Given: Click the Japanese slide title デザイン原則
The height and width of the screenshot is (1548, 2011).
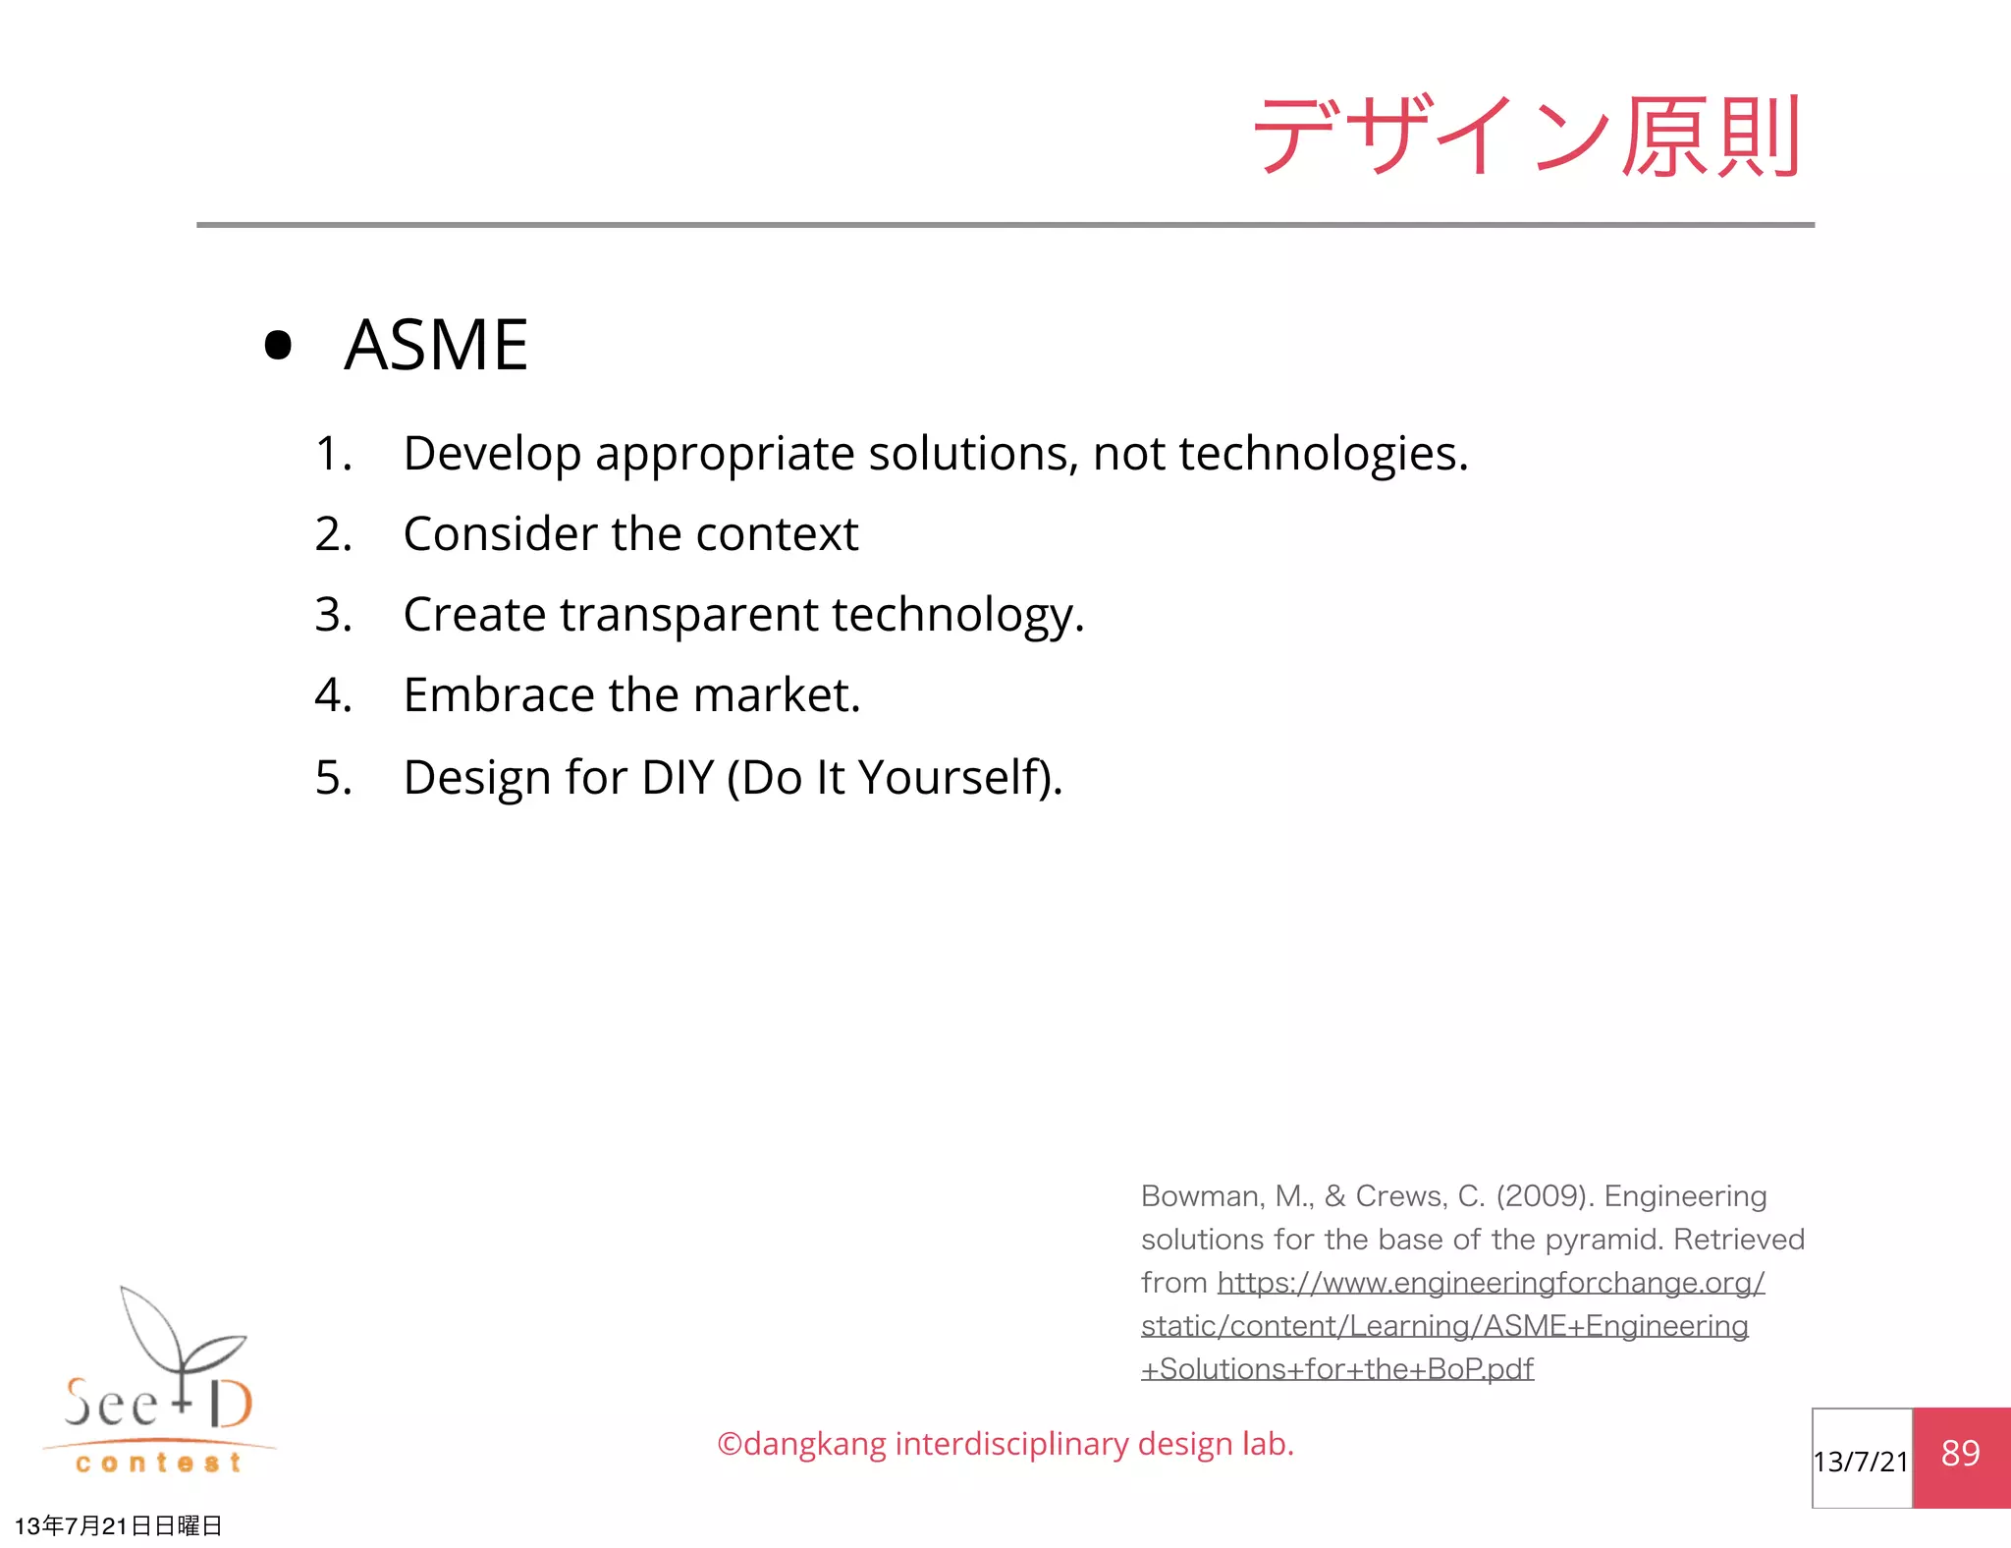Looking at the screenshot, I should click(1527, 137).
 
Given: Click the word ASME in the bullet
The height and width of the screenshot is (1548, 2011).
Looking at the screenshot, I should click(436, 346).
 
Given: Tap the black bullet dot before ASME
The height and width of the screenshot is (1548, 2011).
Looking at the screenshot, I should click(279, 346).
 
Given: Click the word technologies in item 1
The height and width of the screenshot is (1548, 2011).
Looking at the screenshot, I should click(1322, 455).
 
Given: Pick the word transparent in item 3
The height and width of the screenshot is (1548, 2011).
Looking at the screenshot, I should click(688, 616).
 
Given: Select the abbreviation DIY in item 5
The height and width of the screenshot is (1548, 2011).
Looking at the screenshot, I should click(678, 778).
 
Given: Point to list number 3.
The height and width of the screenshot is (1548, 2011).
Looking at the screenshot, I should click(332, 616).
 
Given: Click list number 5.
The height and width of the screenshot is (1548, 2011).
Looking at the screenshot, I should click(332, 778).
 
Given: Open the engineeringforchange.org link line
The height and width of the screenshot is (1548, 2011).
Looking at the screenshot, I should click(1491, 1283).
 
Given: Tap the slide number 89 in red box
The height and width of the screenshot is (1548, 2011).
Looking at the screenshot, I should click(1960, 1454).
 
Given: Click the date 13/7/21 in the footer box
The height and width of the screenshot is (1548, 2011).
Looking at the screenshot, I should click(1861, 1462).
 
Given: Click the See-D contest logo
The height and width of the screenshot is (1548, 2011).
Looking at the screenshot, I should click(159, 1385).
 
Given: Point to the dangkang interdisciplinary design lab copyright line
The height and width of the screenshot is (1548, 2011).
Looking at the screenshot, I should click(1005, 1444).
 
